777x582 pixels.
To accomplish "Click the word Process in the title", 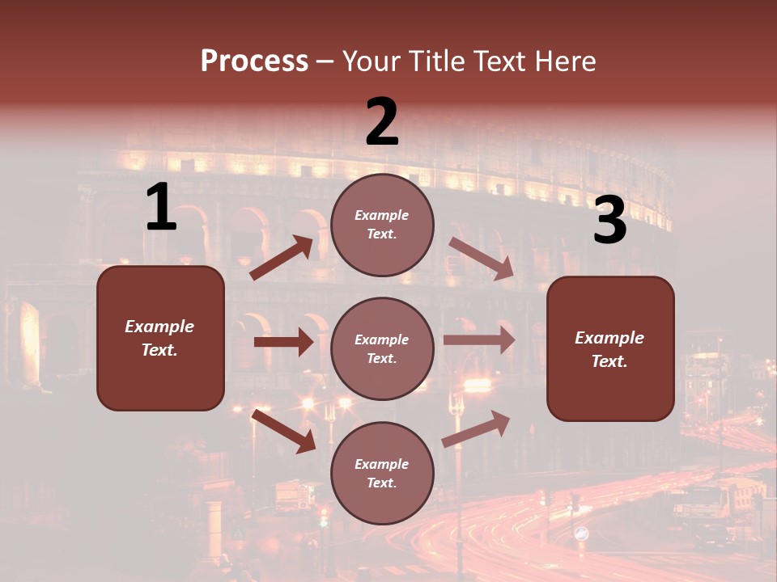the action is pyautogui.click(x=254, y=61).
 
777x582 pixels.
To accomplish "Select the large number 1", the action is pyautogui.click(x=161, y=207).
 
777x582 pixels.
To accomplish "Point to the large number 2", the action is pyautogui.click(x=382, y=122).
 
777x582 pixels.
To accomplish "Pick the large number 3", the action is pyautogui.click(x=609, y=221).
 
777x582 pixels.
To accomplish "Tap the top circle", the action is pyautogui.click(x=382, y=224).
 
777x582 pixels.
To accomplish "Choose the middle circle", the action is pyautogui.click(x=382, y=348).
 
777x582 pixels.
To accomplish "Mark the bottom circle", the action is pyautogui.click(x=382, y=473).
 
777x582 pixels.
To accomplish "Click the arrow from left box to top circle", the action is pyautogui.click(x=282, y=258).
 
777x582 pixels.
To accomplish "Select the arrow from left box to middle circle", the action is pyautogui.click(x=283, y=342).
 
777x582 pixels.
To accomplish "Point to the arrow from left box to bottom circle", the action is pyautogui.click(x=283, y=431).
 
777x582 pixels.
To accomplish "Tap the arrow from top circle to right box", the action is pyautogui.click(x=481, y=258).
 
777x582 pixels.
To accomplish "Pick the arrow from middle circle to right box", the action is pyautogui.click(x=479, y=340).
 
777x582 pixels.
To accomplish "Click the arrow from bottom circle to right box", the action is pyautogui.click(x=476, y=428).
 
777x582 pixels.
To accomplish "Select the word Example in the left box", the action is pyautogui.click(x=159, y=327).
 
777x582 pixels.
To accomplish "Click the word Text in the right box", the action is pyautogui.click(x=609, y=361).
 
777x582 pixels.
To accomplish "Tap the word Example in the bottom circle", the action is pyautogui.click(x=382, y=464).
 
